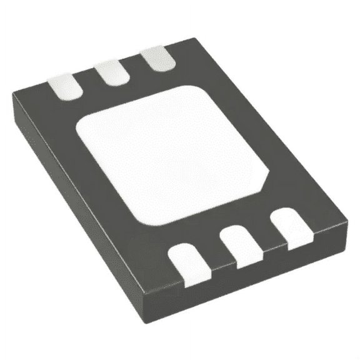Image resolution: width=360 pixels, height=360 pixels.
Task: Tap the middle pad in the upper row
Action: click(112, 72)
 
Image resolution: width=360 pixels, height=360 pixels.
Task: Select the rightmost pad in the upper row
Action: click(157, 59)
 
